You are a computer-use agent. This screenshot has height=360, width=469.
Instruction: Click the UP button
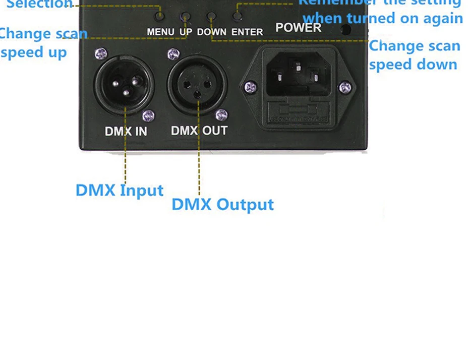point(186,17)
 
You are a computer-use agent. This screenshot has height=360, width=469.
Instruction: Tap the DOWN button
point(212,17)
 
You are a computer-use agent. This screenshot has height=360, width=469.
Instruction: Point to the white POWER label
point(298,27)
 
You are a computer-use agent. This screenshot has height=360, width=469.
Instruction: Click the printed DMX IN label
point(126,132)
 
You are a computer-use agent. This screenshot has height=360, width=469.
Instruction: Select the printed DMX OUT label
point(199,131)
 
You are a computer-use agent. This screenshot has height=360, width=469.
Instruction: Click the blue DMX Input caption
point(120,191)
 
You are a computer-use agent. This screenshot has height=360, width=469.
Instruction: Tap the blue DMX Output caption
point(222,205)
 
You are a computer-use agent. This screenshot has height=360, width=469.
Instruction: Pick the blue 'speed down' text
point(413,65)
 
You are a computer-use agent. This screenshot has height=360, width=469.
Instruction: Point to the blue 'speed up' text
point(34,52)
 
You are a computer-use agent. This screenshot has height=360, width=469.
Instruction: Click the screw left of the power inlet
point(250,87)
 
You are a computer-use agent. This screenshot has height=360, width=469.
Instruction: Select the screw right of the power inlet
point(345,88)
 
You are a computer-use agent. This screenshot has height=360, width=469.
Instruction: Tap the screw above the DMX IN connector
point(101,53)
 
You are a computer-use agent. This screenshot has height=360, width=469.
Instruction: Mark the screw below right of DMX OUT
point(221,115)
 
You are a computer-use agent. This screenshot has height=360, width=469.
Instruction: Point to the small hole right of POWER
point(346,29)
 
